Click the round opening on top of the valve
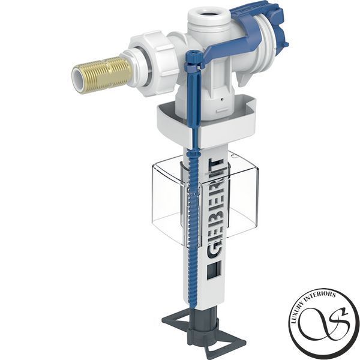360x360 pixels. click(206, 12)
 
